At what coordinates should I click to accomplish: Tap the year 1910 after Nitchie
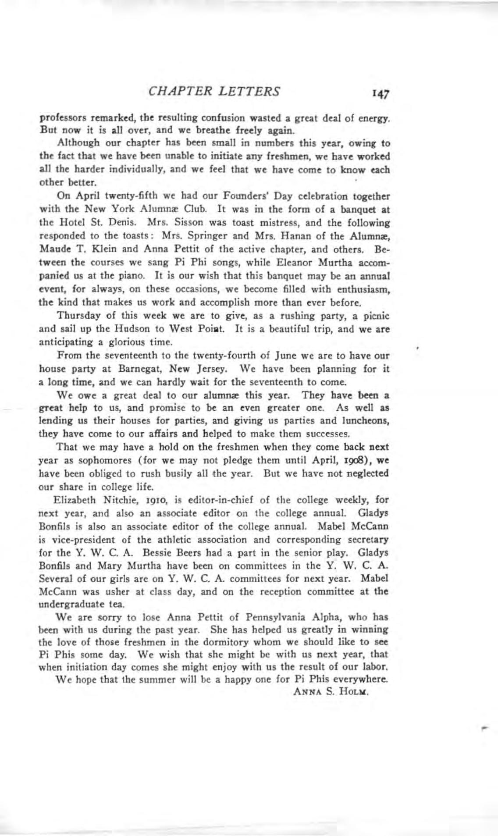click(x=143, y=500)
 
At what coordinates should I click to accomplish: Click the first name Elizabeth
click(x=72, y=500)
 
